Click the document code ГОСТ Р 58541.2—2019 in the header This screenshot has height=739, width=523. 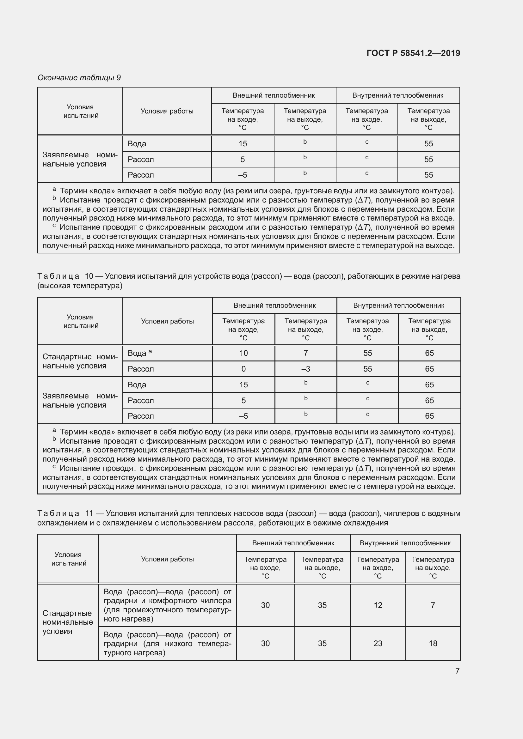(413, 53)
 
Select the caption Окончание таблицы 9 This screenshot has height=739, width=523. (79, 78)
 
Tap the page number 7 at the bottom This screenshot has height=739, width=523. (457, 671)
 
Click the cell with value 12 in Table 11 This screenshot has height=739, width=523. (378, 605)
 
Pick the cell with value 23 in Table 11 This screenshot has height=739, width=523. (378, 643)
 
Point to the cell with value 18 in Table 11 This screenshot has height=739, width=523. (433, 643)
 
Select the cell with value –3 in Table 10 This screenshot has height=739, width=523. (305, 369)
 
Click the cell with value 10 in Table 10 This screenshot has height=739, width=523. (243, 353)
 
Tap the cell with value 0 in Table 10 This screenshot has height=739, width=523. (243, 369)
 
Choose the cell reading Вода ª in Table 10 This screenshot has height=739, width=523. (140, 353)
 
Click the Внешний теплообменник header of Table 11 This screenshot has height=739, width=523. (293, 543)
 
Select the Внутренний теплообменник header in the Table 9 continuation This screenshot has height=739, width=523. (397, 95)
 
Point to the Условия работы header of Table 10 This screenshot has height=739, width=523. (168, 321)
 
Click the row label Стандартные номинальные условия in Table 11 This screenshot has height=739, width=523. (68, 622)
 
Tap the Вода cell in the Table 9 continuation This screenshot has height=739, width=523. (137, 143)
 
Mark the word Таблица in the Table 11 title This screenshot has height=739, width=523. (58, 513)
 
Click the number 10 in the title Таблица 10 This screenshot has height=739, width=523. (89, 276)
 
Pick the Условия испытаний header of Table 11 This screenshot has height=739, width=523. (69, 559)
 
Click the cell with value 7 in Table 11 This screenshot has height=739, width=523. (433, 605)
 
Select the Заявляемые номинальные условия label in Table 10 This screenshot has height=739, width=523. (80, 400)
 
